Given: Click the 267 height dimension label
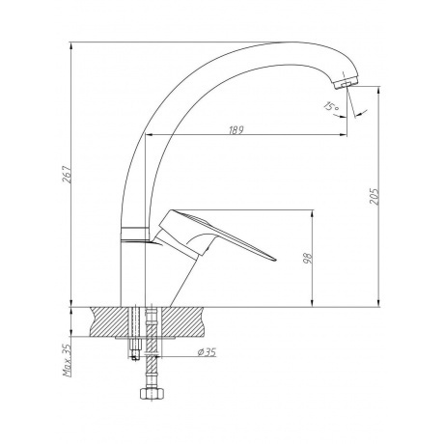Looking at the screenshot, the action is coord(67,174).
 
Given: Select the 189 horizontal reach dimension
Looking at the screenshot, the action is coord(236,130).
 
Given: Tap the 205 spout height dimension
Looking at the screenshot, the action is coord(375,196).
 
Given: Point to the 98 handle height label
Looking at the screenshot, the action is coord(308,258).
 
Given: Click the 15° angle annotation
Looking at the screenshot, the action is coord(331,106).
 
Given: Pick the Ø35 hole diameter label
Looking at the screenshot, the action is coord(207,352).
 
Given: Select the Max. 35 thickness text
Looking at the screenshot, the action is coord(67,360).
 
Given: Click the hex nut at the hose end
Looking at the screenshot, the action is coord(153,393).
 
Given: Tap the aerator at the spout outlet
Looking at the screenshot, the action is coord(346,83).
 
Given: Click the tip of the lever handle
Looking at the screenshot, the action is coord(276,259).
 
